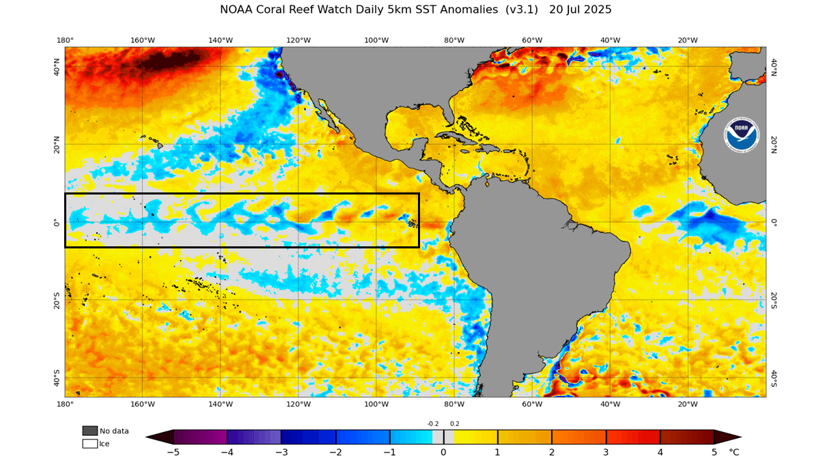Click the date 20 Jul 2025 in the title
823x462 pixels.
point(580,10)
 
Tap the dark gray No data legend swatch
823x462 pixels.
point(90,431)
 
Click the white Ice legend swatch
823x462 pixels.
point(90,444)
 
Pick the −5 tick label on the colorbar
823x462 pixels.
point(173,452)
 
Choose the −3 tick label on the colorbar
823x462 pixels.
point(281,452)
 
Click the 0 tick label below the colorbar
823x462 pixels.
point(443,452)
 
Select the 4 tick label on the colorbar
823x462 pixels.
point(660,452)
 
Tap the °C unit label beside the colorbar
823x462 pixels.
point(734,452)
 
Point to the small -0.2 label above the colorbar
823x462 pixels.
point(433,424)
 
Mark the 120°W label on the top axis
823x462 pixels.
point(298,40)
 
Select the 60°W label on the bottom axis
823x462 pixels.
point(532,404)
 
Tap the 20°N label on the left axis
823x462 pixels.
point(57,144)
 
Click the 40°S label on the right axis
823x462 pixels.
point(774,377)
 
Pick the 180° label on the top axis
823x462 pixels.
point(65,40)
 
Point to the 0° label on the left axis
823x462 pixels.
point(57,222)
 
